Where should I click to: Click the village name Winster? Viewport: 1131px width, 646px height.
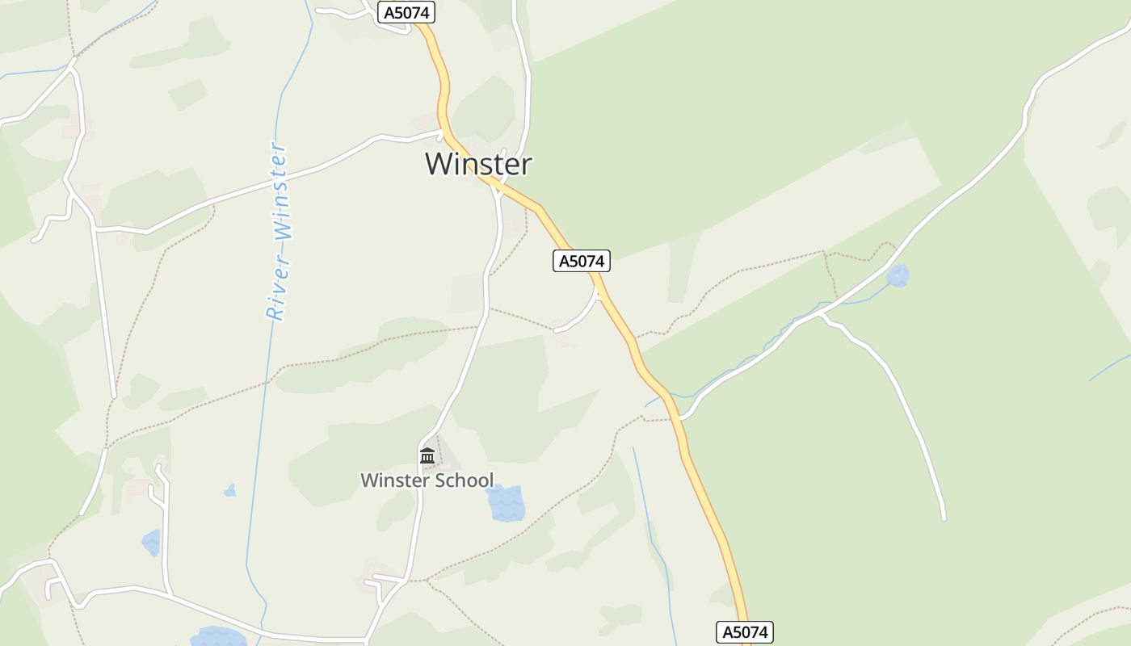[478, 164]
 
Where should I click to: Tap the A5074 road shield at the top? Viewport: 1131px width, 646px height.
[406, 12]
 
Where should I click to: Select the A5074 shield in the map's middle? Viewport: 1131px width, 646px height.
[581, 261]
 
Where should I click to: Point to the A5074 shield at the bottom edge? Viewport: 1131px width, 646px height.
[744, 632]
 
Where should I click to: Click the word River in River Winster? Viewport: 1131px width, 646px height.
[276, 284]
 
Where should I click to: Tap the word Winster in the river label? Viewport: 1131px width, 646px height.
[280, 191]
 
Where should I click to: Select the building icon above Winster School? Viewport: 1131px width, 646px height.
[427, 456]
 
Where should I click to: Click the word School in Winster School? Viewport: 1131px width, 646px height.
[465, 480]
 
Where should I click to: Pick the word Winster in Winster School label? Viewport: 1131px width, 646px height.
[394, 480]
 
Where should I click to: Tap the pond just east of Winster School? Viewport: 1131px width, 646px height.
[506, 502]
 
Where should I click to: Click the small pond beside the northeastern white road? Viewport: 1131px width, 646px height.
[898, 276]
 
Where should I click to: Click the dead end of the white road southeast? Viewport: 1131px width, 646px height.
[943, 518]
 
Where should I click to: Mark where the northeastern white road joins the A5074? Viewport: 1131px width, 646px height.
[683, 417]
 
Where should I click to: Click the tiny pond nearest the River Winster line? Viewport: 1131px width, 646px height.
[230, 490]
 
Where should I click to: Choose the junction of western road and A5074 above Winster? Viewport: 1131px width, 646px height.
[443, 132]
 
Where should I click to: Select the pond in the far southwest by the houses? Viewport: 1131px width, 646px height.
[151, 543]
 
